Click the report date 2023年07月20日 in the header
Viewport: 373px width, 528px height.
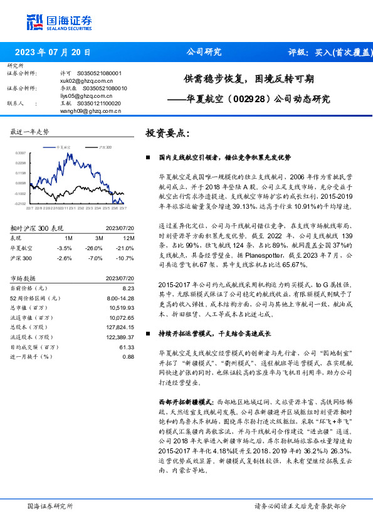[53, 53]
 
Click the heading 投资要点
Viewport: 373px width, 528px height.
[167, 133]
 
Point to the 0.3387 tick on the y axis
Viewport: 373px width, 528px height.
[21, 153]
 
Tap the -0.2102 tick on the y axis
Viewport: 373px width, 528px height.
[20, 203]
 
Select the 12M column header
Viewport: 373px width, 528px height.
[129, 238]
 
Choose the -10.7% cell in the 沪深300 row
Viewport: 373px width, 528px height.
[127, 258]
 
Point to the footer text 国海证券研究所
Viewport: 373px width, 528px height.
[50, 505]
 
